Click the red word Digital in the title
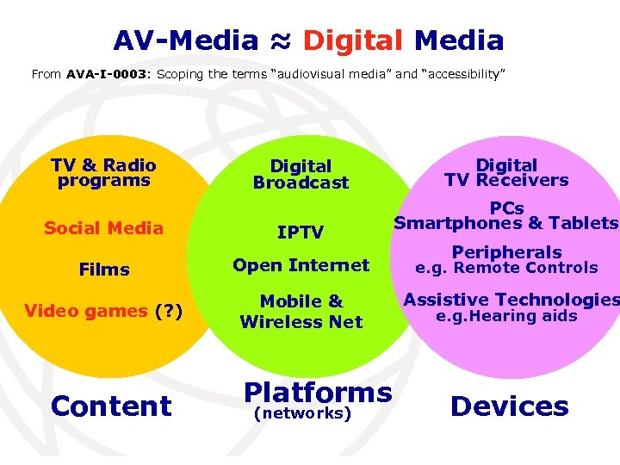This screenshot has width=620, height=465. pyautogui.click(x=353, y=40)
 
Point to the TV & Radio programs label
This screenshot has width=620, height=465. pyautogui.click(x=103, y=173)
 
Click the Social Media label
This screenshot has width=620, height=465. pyautogui.click(x=103, y=228)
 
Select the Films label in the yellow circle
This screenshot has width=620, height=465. pyautogui.click(x=104, y=270)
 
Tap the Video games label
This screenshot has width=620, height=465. pyautogui.click(x=85, y=311)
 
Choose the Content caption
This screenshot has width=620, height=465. pyautogui.click(x=111, y=406)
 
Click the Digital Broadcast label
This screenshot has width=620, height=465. pyautogui.click(x=301, y=174)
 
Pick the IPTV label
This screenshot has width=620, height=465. pyautogui.click(x=301, y=232)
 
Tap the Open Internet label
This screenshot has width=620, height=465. pyautogui.click(x=301, y=266)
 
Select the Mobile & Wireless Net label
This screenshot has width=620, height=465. pyautogui.click(x=301, y=312)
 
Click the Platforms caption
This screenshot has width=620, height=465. pyautogui.click(x=318, y=393)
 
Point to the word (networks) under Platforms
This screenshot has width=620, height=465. pyautogui.click(x=302, y=414)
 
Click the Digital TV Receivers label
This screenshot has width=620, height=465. pyautogui.click(x=506, y=172)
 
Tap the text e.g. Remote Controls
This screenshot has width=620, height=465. pyautogui.click(x=506, y=268)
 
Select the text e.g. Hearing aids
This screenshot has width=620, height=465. pyautogui.click(x=506, y=316)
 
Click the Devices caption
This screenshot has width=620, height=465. pyautogui.click(x=509, y=406)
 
